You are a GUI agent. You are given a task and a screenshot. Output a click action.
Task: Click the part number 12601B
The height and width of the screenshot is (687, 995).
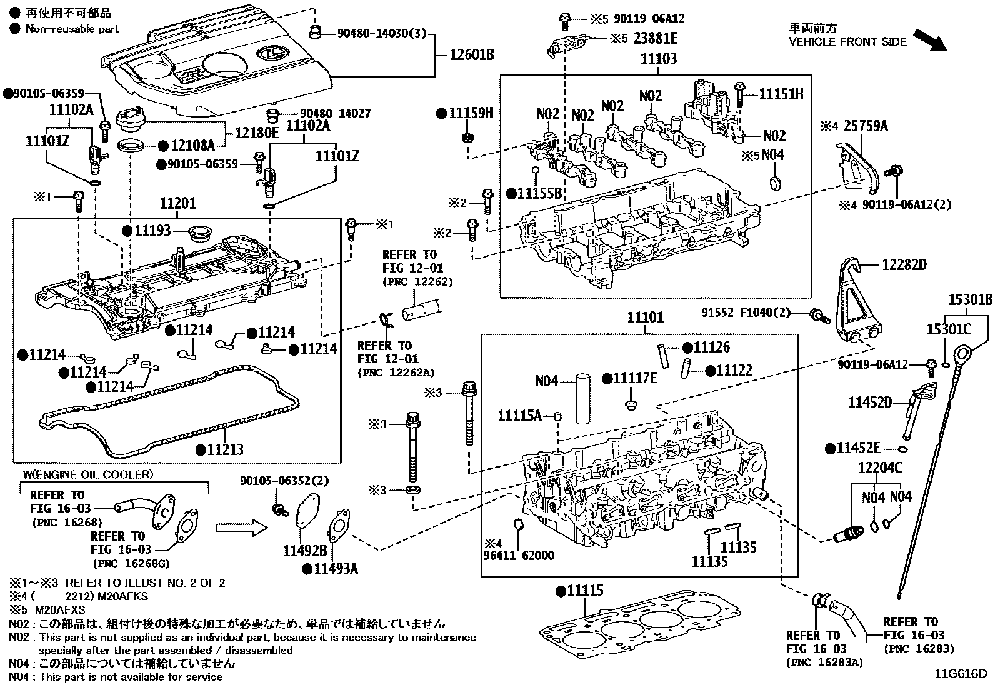pos(472,55)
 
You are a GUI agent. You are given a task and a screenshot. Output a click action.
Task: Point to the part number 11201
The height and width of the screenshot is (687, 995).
pos(177,203)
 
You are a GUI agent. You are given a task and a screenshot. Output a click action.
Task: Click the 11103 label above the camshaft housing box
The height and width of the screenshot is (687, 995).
pos(659,59)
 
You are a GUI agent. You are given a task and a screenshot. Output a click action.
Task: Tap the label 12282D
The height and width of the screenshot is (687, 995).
pos(904,265)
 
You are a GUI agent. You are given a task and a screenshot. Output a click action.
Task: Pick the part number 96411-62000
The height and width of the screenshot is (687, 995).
pos(519,555)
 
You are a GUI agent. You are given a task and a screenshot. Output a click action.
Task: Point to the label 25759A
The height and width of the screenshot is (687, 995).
pos(866,126)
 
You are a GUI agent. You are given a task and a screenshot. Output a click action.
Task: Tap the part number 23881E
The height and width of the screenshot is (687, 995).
pos(656,39)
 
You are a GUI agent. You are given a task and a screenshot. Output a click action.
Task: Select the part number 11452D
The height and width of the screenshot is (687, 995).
pos(869,403)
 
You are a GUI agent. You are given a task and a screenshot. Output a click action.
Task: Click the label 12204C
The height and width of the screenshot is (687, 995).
pos(880,468)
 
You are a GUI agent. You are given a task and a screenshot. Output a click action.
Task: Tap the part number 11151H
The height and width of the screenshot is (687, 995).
pos(781,94)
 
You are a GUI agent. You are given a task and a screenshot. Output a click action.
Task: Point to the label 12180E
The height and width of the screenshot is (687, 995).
pos(257,133)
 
